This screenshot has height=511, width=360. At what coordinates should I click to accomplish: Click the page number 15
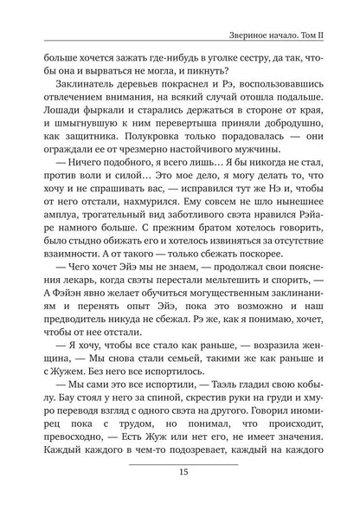pyautogui.click(x=179, y=496)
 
